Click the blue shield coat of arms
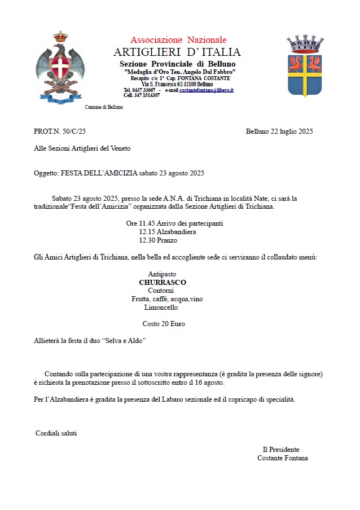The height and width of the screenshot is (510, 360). tap(305, 67)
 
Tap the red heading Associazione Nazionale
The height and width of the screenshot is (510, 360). tap(178, 40)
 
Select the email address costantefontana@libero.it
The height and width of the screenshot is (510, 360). tap(207, 90)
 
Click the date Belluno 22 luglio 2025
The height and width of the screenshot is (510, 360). tap(279, 131)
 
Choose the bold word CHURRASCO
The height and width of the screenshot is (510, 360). tap(163, 282)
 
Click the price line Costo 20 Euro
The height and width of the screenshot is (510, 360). tap(164, 324)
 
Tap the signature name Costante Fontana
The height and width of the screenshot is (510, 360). tap(282, 458)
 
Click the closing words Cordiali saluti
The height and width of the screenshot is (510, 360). tap(56, 433)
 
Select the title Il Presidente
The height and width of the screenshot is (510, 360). tap(281, 450)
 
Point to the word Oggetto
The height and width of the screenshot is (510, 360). tap(46, 173)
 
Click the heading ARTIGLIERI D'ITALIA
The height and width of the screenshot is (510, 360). tap(177, 52)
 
